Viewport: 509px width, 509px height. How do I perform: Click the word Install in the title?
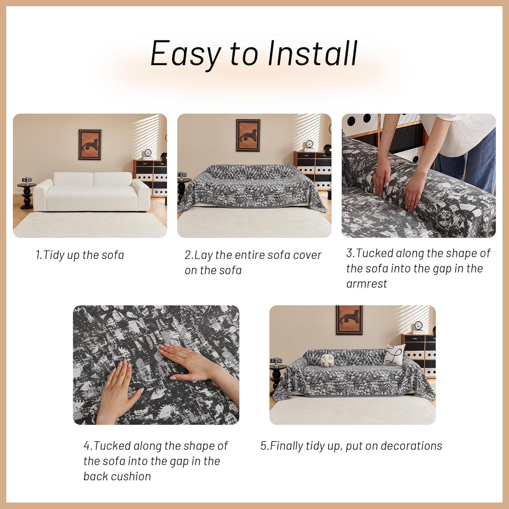(312, 54)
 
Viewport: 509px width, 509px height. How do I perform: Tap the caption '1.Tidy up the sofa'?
(80, 255)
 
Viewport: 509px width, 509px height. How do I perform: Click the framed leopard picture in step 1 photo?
(90, 144)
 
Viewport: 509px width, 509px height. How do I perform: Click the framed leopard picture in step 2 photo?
(248, 135)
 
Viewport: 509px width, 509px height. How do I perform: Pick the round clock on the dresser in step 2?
(309, 145)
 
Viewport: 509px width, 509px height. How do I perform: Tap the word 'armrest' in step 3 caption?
(366, 284)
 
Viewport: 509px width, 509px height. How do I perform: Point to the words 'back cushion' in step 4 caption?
(117, 477)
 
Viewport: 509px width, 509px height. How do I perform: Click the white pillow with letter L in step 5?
(393, 354)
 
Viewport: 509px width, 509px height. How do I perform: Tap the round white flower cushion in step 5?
(327, 360)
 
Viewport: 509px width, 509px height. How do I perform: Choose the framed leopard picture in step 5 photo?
(349, 319)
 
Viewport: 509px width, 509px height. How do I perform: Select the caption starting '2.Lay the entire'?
(253, 262)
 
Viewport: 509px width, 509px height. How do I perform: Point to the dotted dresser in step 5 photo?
(421, 352)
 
